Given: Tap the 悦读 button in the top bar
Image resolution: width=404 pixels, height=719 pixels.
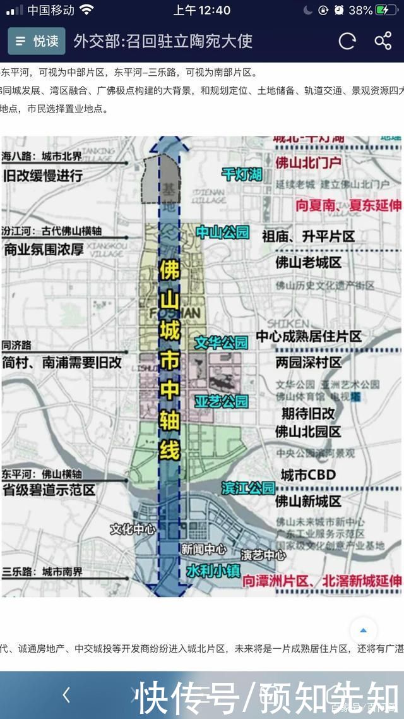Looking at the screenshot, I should click(37, 41).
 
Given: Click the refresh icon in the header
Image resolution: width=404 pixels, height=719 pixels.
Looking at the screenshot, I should click(347, 41).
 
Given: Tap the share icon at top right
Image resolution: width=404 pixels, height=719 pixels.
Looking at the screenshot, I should click(383, 41).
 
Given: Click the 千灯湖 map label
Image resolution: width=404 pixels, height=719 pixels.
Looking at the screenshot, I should click(242, 174).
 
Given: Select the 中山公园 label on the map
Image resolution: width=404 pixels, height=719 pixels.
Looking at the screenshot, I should click(222, 233).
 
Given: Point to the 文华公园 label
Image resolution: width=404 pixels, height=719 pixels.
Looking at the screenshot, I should click(221, 342).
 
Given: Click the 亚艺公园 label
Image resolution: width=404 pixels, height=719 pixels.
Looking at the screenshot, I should click(221, 401).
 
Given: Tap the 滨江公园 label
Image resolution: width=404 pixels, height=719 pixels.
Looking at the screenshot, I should click(248, 488).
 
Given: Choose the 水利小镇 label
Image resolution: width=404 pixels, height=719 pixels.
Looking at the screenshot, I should click(213, 571).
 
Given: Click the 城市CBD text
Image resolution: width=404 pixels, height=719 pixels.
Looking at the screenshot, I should click(308, 475).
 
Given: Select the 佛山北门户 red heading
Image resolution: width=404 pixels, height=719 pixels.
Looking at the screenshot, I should click(308, 162).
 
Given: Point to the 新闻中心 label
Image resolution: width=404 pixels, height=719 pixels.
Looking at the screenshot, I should click(203, 550).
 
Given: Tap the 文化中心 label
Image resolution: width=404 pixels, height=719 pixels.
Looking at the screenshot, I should click(133, 529).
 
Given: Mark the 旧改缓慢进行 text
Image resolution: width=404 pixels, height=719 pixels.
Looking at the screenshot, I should click(43, 176).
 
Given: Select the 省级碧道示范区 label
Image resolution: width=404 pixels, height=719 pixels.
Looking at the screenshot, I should click(49, 490).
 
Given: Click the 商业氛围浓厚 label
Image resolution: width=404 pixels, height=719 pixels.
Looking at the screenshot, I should click(44, 250).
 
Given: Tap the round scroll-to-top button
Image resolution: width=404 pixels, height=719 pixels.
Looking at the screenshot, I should click(363, 630).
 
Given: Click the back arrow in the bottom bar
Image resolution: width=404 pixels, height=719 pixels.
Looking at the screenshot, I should click(66, 695).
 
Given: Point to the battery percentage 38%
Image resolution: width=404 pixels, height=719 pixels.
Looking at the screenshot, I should click(360, 10).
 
